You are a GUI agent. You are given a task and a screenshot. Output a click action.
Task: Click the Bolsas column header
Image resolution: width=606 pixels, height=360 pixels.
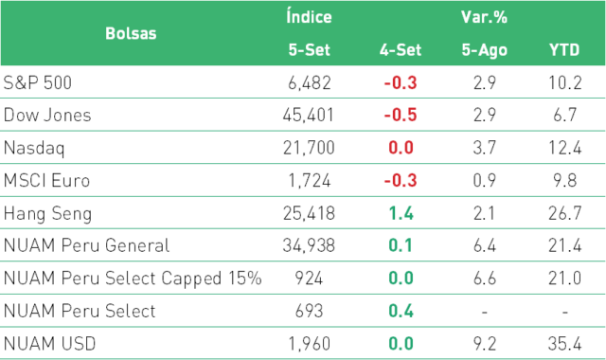(131, 34)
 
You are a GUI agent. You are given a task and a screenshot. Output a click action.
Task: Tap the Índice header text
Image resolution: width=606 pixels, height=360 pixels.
(309, 16)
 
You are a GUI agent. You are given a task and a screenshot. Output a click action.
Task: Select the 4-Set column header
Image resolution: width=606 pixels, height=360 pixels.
(400, 50)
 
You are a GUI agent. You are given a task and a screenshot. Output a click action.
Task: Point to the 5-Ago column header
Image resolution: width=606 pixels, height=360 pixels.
(484, 50)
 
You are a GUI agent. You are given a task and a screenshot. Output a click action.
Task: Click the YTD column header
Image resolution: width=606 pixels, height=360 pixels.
(564, 50)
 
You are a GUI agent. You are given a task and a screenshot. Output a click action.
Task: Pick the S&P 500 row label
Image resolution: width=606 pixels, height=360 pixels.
(38, 82)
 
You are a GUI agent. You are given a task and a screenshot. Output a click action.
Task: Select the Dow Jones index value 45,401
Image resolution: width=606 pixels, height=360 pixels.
(308, 116)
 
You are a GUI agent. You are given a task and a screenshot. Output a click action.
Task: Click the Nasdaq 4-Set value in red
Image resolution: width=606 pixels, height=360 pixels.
(401, 148)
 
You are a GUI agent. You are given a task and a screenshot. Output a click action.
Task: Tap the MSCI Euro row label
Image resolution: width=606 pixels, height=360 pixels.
(46, 181)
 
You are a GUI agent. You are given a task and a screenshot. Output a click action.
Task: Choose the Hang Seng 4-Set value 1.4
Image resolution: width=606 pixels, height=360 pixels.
(401, 213)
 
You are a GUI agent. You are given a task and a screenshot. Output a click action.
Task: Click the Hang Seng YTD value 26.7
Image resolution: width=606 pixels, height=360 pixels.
(564, 213)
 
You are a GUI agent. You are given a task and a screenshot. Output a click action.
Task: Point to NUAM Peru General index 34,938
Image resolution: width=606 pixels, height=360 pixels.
(309, 246)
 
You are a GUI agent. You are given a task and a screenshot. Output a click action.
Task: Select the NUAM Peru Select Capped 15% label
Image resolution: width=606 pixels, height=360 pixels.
(133, 279)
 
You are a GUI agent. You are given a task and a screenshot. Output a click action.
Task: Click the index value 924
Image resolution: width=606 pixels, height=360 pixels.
(309, 279)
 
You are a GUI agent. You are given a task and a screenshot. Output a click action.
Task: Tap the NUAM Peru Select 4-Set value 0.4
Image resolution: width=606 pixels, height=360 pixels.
(401, 312)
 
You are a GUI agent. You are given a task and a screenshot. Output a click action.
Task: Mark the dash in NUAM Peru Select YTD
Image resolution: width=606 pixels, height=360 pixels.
(564, 312)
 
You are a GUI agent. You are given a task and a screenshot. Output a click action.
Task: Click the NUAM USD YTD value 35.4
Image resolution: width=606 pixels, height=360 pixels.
(564, 344)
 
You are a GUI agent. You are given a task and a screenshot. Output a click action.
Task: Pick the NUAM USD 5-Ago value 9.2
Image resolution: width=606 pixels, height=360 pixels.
(484, 344)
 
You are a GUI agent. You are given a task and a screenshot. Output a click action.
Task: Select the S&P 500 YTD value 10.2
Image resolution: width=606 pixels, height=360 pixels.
(565, 82)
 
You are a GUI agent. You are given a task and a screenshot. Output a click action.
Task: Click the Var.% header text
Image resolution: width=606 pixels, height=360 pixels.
(484, 17)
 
